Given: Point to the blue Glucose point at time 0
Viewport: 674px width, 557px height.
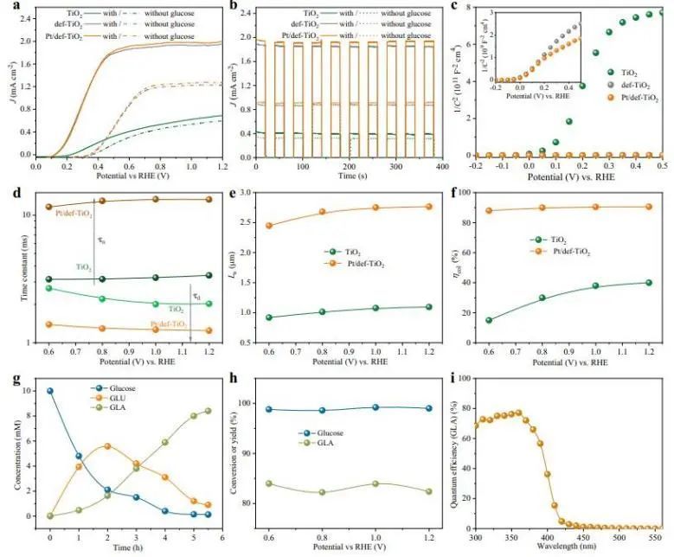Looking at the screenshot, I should coord(50,391).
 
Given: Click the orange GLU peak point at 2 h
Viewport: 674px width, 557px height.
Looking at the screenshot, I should coord(107,446).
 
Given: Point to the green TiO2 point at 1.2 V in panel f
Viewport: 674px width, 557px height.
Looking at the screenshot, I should coord(648,283).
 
